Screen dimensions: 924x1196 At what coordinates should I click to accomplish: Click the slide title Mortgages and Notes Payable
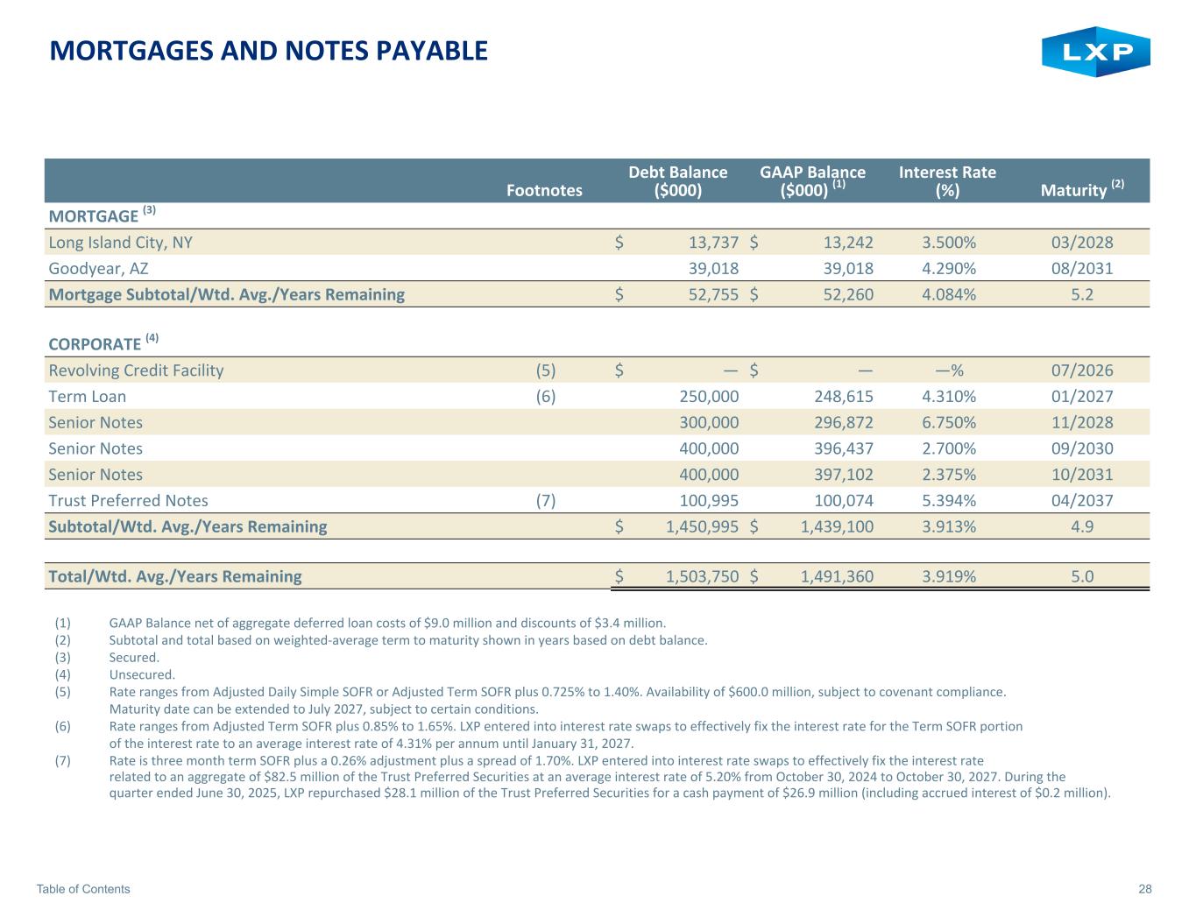coord(269,51)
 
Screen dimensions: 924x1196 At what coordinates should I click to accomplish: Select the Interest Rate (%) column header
coord(947,180)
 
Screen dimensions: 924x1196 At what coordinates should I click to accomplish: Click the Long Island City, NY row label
coord(121,243)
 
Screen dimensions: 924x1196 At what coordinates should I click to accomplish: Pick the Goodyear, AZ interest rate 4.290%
coord(949,268)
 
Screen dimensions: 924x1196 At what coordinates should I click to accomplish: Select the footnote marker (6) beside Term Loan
coord(545,396)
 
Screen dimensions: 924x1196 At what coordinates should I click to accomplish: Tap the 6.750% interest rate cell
coord(949,422)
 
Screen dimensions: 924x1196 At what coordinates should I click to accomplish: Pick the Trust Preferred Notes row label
coord(129,501)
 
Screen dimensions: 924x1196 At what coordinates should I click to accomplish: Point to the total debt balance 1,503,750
coord(702,576)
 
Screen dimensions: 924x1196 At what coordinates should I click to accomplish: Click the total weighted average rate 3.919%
coord(949,576)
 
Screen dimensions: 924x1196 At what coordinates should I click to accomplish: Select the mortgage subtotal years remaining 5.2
coord(1082,294)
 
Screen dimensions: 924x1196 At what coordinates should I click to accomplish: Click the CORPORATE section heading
coord(95,343)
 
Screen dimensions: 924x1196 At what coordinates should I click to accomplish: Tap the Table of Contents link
coord(83,889)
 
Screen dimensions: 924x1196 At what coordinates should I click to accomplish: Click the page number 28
coord(1145,889)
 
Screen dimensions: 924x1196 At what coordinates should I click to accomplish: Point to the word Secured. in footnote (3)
coord(134,657)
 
